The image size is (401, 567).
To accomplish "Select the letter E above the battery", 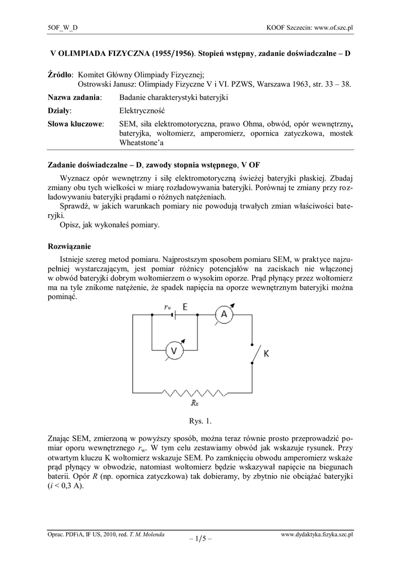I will point(185,305).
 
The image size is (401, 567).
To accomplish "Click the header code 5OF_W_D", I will point(63,27).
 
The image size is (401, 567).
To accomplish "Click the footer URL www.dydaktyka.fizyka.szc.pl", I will point(317,534).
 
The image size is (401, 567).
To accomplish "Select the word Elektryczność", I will point(143,111).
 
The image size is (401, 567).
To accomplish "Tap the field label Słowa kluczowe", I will point(76,124).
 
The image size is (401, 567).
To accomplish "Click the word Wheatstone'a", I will point(142,142).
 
